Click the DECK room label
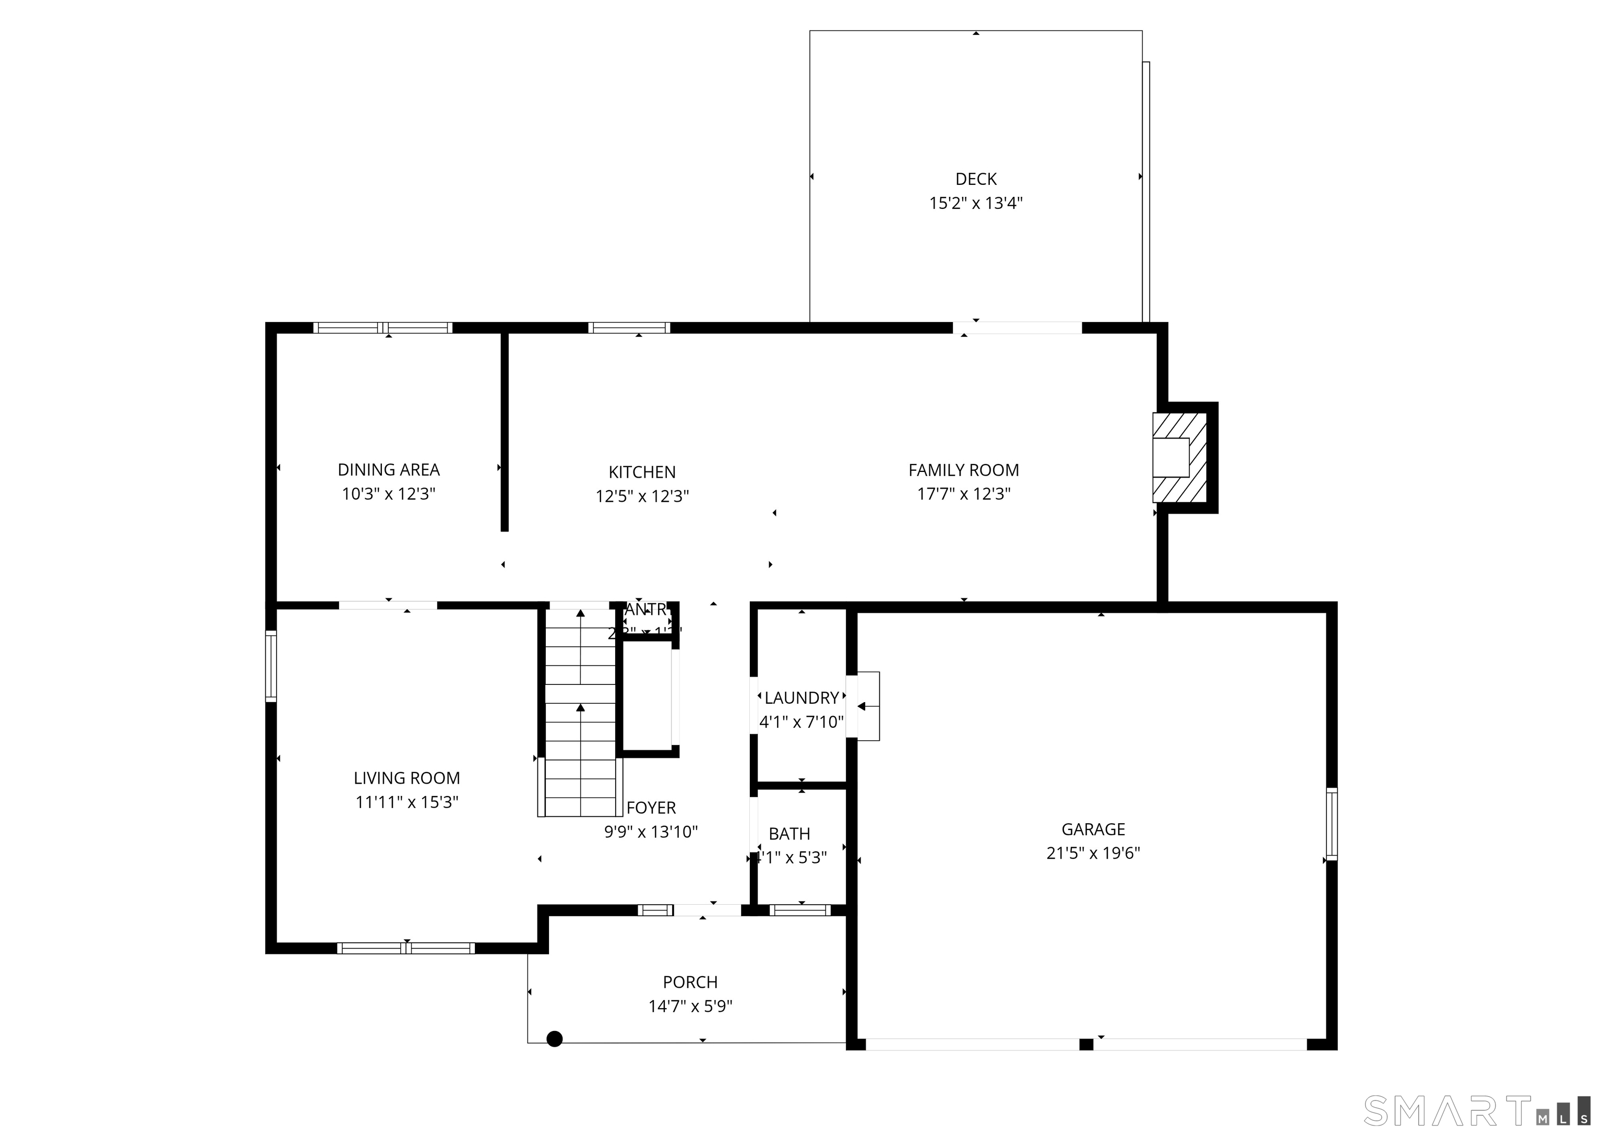pyautogui.click(x=976, y=180)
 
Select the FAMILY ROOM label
pyautogui.click(x=964, y=470)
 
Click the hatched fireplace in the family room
pyautogui.click(x=1179, y=458)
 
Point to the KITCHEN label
pyautogui.click(x=641, y=472)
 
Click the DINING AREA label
pyautogui.click(x=389, y=470)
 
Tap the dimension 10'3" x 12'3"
pyautogui.click(x=389, y=494)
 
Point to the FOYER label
pyautogui.click(x=651, y=808)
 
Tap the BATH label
pyautogui.click(x=789, y=834)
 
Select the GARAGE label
pyautogui.click(x=1093, y=829)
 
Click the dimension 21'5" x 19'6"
pyautogui.click(x=1093, y=853)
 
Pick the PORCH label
pyautogui.click(x=690, y=982)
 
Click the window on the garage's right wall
pyautogui.click(x=1331, y=824)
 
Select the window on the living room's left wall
pyautogui.click(x=271, y=666)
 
